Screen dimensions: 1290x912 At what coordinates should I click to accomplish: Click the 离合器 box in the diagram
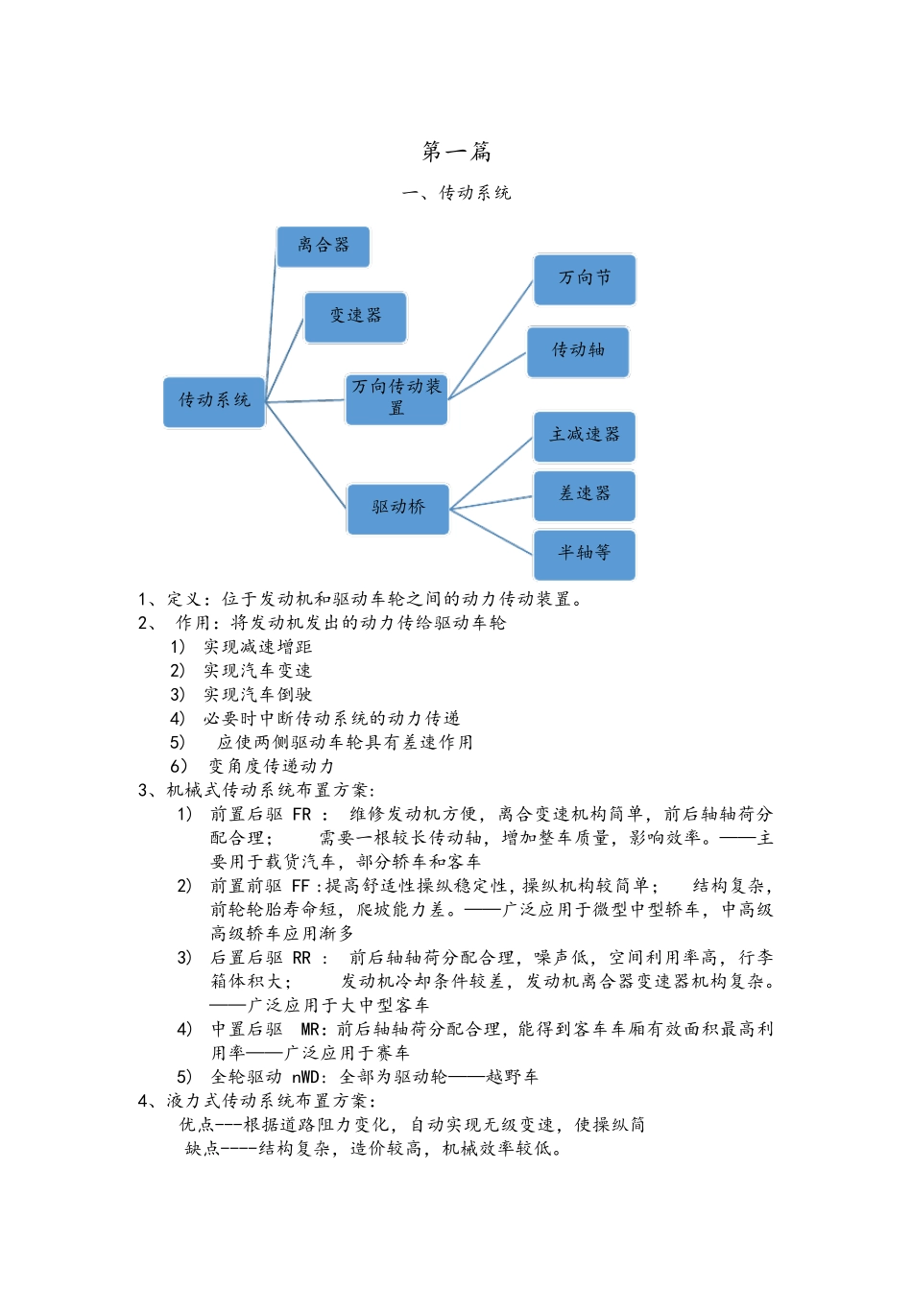[323, 247]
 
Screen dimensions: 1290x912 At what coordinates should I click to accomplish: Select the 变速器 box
[355, 317]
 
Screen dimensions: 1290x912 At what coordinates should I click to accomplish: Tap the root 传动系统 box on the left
[214, 401]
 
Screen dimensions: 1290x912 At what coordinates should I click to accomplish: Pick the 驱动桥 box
[398, 508]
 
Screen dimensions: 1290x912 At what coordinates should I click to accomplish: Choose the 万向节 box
[585, 279]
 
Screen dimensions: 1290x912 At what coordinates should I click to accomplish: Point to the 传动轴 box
[578, 351]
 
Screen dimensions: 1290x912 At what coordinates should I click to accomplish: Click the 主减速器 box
[585, 436]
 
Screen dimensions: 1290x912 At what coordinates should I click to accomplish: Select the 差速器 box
[585, 495]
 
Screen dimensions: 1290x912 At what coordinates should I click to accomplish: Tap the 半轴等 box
[585, 554]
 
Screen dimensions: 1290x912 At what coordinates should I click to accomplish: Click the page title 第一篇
[457, 152]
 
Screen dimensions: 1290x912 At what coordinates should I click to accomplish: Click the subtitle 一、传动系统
[457, 193]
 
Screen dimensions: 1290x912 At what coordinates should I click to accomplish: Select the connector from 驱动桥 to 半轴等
[492, 532]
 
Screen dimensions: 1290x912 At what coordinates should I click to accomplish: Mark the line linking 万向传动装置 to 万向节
[491, 339]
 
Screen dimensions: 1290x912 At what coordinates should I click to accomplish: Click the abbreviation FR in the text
[302, 815]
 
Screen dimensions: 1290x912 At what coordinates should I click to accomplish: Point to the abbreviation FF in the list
[301, 886]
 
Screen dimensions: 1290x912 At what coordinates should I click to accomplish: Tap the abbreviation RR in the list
[302, 958]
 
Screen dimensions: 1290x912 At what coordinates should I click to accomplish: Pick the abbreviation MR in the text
[311, 1030]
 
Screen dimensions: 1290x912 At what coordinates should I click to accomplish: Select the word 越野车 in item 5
[513, 1077]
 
